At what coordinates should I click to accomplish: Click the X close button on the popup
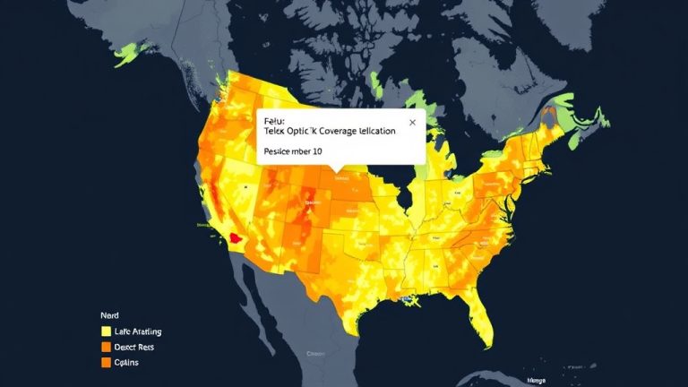412,122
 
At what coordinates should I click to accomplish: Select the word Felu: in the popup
271,117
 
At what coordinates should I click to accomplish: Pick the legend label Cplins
127,363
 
